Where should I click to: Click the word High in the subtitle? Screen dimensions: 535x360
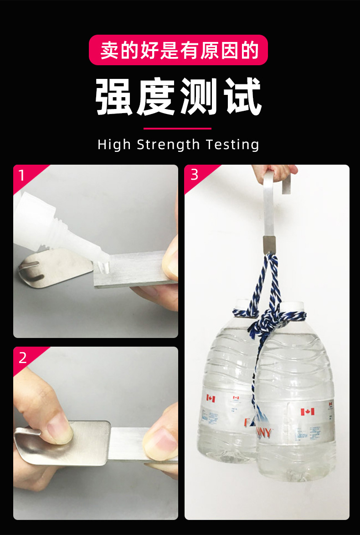[x=114, y=145]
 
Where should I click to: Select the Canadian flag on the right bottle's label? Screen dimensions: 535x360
[x=307, y=412]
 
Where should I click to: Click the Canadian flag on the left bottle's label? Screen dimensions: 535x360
[x=211, y=398]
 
